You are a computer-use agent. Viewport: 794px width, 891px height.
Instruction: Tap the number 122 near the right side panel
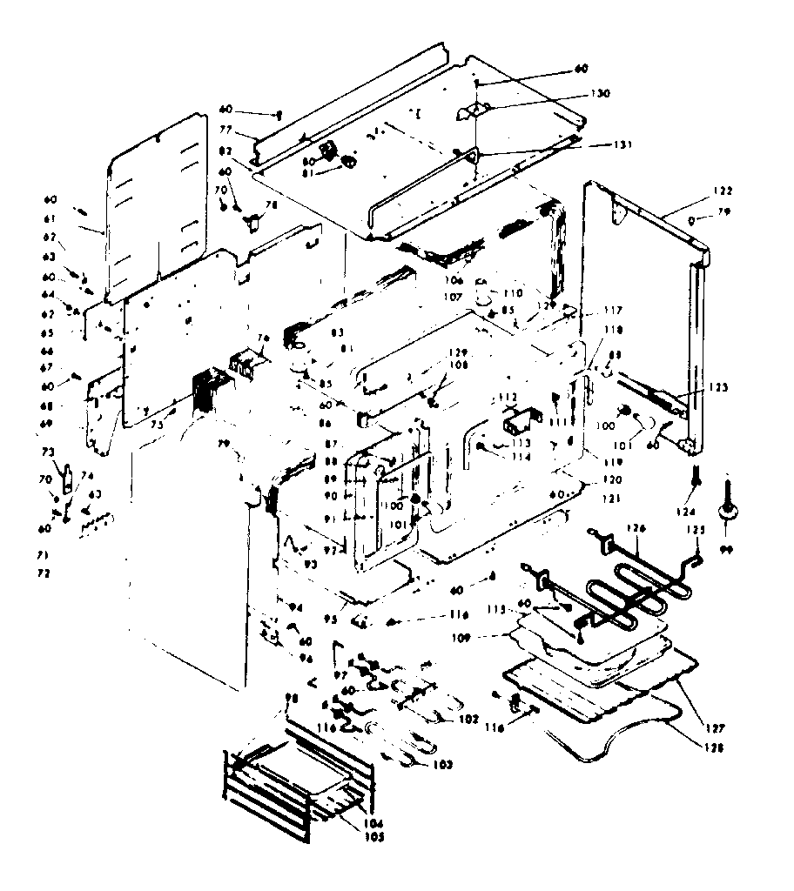tap(699, 191)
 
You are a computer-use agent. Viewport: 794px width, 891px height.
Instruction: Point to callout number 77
tap(225, 130)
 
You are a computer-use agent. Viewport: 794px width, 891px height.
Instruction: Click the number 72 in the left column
tap(44, 573)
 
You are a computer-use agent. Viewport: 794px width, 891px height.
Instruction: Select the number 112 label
tap(508, 397)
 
